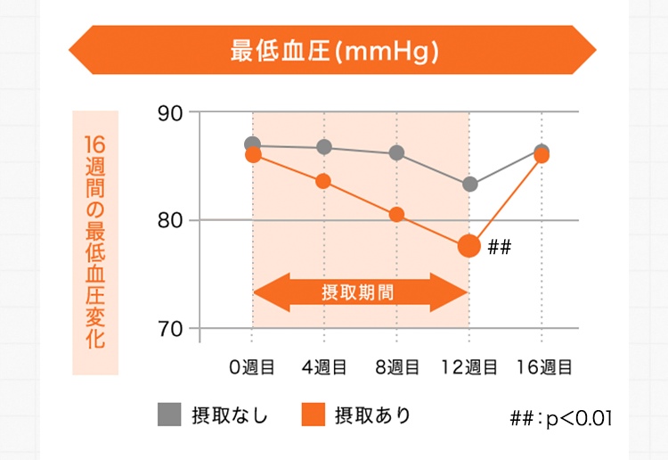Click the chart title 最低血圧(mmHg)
click(334, 50)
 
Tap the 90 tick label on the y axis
click(170, 113)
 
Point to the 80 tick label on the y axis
click(170, 220)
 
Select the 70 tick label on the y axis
click(170, 329)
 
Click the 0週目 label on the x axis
click(251, 366)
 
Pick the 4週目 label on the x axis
click(324, 366)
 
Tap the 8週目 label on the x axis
click(396, 366)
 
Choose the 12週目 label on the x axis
click(468, 366)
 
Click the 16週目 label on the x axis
click(542, 366)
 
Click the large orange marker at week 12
click(469, 246)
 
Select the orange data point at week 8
click(397, 214)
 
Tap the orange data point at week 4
click(324, 181)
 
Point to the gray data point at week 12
click(469, 185)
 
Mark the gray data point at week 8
click(397, 152)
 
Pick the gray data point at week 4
click(324, 147)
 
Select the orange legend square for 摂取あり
click(312, 415)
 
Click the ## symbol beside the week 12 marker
click(499, 247)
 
